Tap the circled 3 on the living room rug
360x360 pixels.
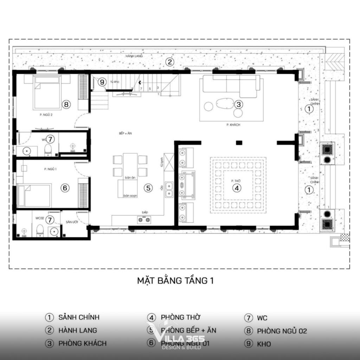coord(238,104)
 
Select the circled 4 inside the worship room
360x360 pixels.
coord(237,188)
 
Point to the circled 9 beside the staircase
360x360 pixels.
coord(102,82)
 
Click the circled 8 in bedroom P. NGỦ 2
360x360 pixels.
coord(66,104)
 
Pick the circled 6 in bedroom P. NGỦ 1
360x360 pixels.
coord(65,188)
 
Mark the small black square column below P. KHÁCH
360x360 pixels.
coord(239,143)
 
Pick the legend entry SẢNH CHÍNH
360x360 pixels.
coord(79,317)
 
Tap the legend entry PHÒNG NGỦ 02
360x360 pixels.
coord(282,331)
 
